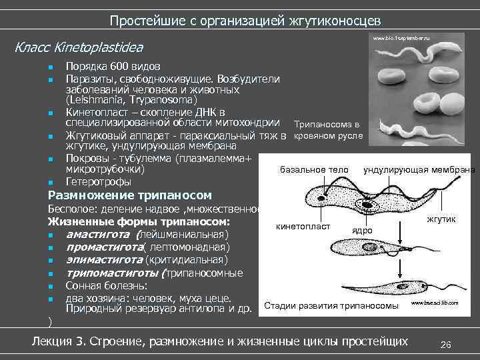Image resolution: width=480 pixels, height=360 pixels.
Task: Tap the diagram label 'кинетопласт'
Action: [303, 226]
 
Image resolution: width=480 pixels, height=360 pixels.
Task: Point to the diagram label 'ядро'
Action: [362, 229]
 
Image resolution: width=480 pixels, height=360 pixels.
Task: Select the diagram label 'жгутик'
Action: [440, 219]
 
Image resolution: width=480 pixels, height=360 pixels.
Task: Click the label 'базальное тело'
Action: [314, 169]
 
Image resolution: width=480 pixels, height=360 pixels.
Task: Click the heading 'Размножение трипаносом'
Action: [130, 195]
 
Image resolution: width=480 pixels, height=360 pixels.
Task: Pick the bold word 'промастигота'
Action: [103, 247]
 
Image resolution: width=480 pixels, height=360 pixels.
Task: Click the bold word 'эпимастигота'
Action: [103, 260]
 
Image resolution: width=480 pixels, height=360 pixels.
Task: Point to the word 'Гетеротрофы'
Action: [98, 181]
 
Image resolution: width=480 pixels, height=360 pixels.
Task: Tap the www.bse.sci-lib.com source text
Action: [435, 303]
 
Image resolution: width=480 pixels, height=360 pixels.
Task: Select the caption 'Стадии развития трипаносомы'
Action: [331, 306]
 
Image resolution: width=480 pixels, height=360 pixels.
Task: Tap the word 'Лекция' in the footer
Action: [55, 342]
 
